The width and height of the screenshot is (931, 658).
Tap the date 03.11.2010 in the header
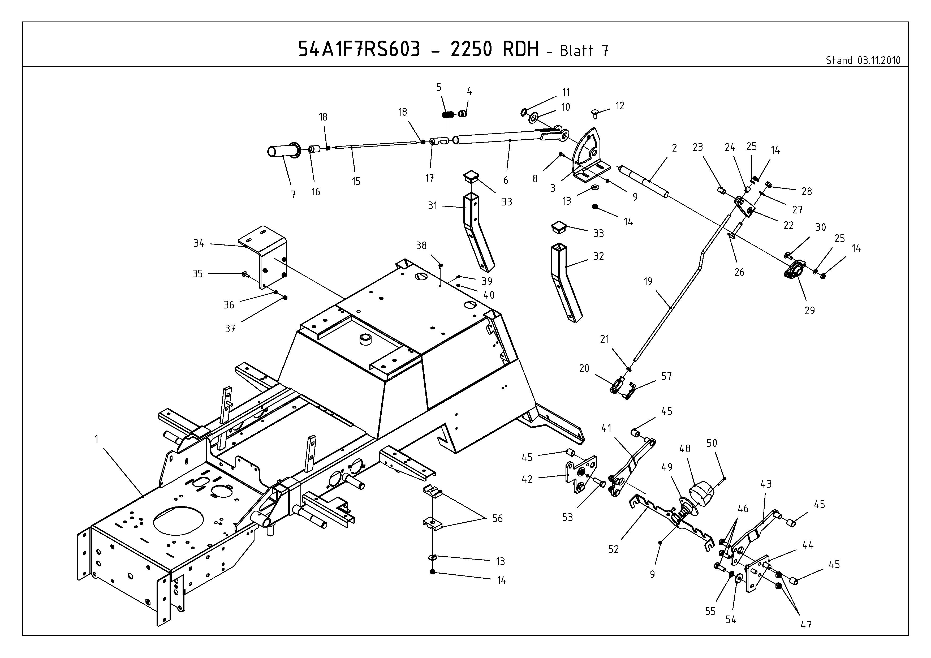point(879,61)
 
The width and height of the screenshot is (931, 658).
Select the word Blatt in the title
point(577,51)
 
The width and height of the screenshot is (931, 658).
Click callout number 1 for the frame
point(97,439)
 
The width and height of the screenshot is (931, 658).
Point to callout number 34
point(199,243)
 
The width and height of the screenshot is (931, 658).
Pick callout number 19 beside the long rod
point(648,281)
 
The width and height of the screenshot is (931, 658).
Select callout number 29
point(809,310)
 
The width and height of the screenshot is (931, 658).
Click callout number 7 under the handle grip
point(293,195)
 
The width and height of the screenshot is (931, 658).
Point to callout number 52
point(614,549)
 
